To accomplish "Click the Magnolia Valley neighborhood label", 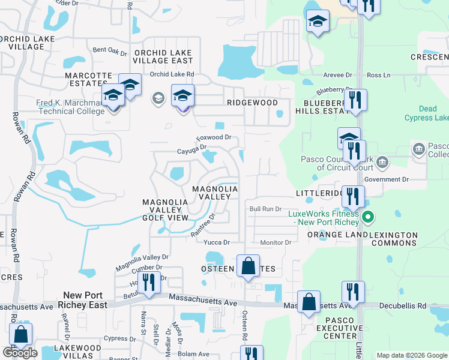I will [x=215, y=193].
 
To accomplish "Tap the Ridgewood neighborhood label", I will [x=252, y=103].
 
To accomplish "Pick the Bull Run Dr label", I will [x=265, y=209].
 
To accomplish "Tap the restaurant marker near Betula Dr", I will [x=149, y=283].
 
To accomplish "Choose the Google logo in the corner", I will [x=20, y=353].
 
